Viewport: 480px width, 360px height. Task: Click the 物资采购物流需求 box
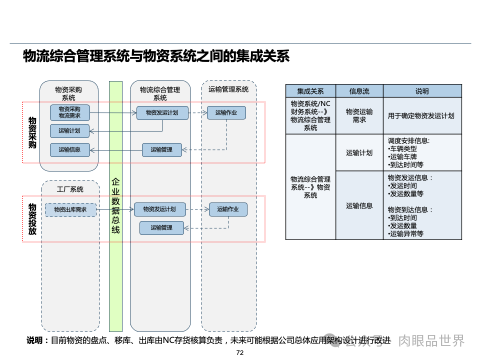pyautogui.click(x=69, y=112)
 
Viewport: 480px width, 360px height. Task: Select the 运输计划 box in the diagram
pyautogui.click(x=69, y=131)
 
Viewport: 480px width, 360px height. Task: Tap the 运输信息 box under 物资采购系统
pyautogui.click(x=69, y=149)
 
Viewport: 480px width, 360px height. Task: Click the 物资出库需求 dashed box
pyautogui.click(x=70, y=209)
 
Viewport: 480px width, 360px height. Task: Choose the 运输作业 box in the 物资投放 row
pyautogui.click(x=228, y=209)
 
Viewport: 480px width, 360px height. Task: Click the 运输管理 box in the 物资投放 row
pyautogui.click(x=161, y=227)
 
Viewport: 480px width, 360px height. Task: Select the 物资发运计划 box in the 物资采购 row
pyautogui.click(x=162, y=112)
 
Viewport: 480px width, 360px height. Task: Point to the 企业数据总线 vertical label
pyautogui.click(x=115, y=205)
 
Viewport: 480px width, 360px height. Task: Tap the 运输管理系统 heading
pyautogui.click(x=228, y=89)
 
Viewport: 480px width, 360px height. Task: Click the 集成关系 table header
pyautogui.click(x=310, y=91)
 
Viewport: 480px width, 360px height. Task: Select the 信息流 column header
pyautogui.click(x=359, y=91)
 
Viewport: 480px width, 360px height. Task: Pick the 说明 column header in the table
pyautogui.click(x=422, y=91)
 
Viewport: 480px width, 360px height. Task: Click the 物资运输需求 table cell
pyautogui.click(x=359, y=115)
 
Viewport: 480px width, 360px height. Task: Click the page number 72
pyautogui.click(x=239, y=353)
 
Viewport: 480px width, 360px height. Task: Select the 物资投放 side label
pyautogui.click(x=32, y=218)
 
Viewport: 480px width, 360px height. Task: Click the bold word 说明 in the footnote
pyautogui.click(x=34, y=341)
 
